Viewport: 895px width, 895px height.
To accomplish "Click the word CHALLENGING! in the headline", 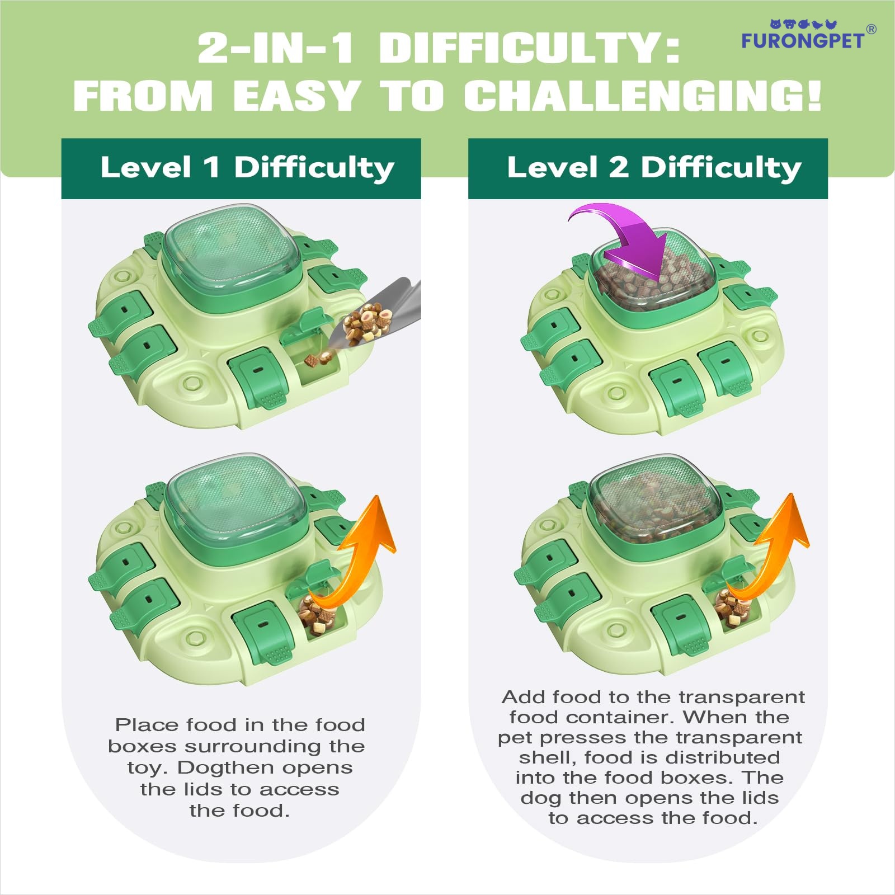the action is [643, 95].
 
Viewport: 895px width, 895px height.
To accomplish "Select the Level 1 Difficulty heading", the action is [247, 168].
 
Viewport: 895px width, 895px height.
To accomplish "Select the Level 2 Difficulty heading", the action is [654, 168].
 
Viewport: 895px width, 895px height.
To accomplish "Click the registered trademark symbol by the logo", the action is [871, 29].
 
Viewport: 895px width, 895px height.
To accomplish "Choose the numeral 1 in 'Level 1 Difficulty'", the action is [211, 168].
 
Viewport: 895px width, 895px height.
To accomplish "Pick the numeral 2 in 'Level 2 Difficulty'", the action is [618, 168].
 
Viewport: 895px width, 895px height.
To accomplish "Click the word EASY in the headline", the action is [295, 95].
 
